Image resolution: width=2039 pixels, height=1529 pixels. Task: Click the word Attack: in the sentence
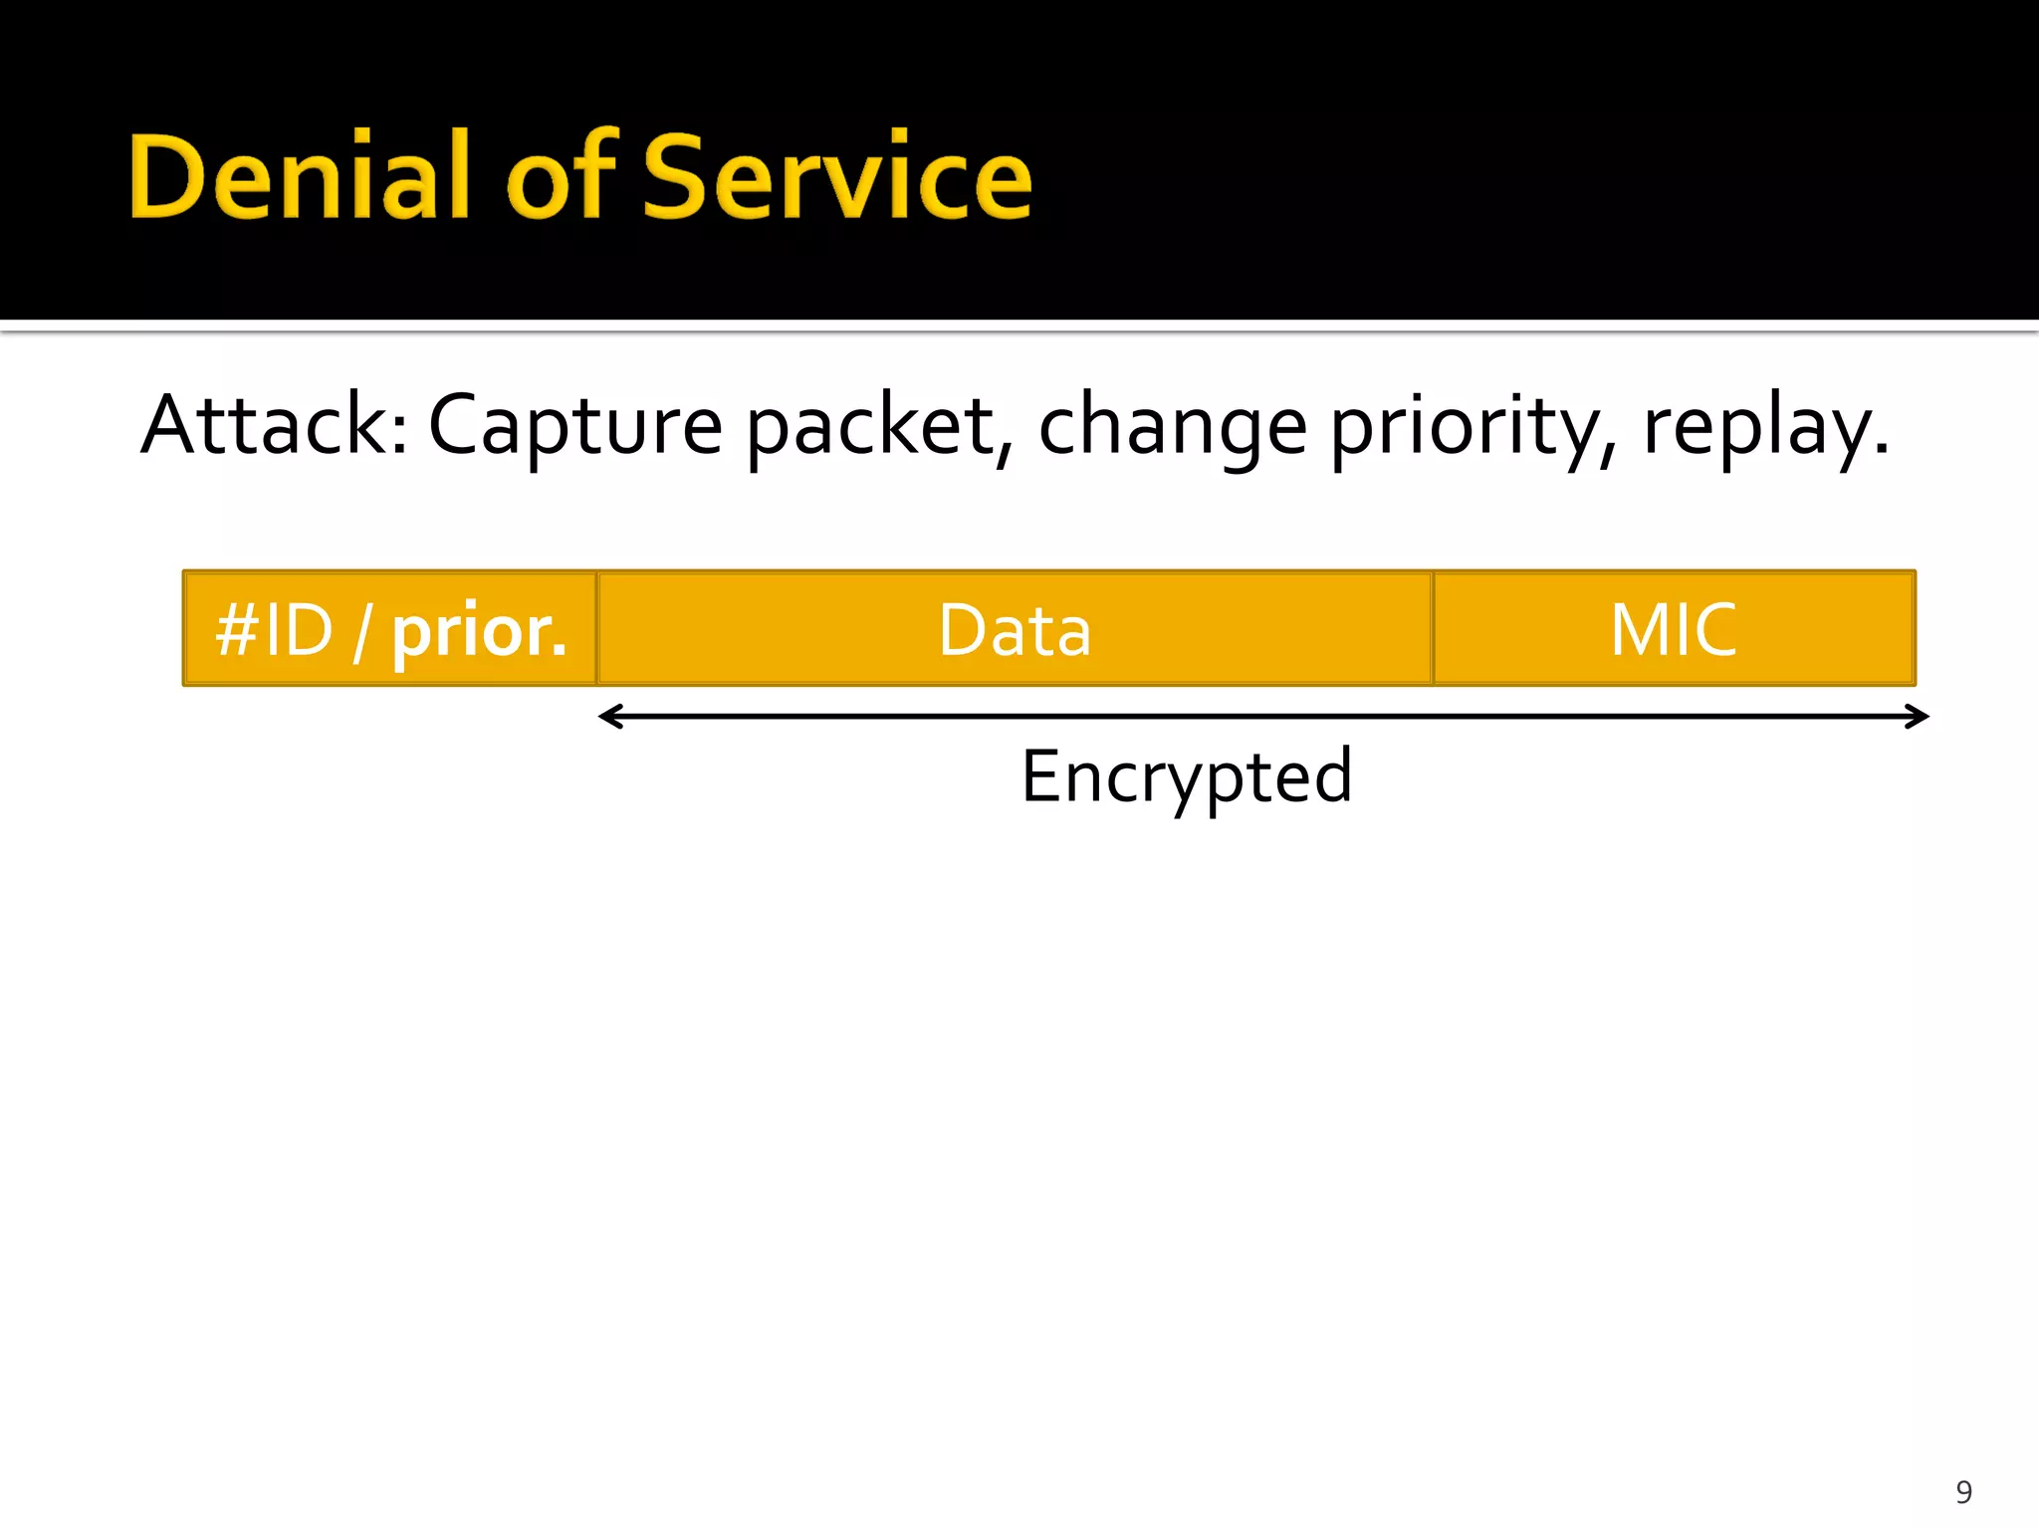point(274,426)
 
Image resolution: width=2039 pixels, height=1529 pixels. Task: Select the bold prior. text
point(479,631)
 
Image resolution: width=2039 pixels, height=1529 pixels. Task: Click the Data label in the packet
point(1015,630)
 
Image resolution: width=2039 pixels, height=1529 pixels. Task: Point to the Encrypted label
point(1186,776)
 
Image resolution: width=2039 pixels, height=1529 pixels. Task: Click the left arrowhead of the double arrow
point(609,716)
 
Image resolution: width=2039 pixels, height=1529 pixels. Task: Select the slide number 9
point(1963,1491)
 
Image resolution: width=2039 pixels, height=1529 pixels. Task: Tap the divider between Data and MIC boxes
point(1433,628)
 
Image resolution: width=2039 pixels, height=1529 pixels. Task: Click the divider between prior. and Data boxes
point(596,628)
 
